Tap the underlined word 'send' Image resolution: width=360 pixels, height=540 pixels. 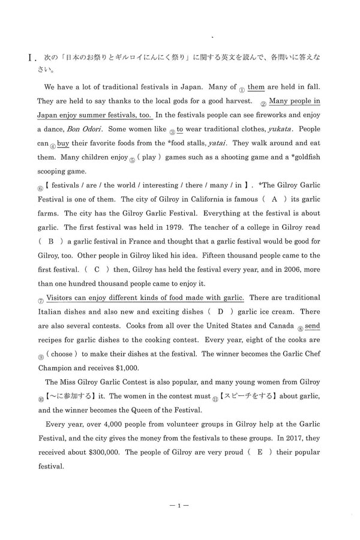[313, 326]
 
